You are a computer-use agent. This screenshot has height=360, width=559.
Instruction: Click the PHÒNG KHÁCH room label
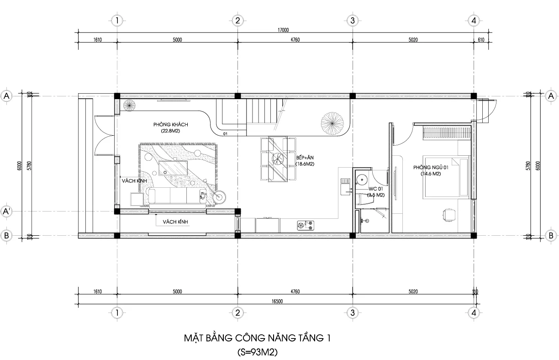tap(170, 124)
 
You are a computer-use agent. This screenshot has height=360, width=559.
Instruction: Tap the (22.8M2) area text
tap(170, 131)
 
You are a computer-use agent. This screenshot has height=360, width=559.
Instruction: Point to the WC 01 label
tap(376, 188)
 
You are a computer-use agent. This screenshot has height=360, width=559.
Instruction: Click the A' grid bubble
tap(7, 212)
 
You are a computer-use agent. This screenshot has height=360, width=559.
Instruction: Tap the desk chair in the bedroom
tap(449, 214)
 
